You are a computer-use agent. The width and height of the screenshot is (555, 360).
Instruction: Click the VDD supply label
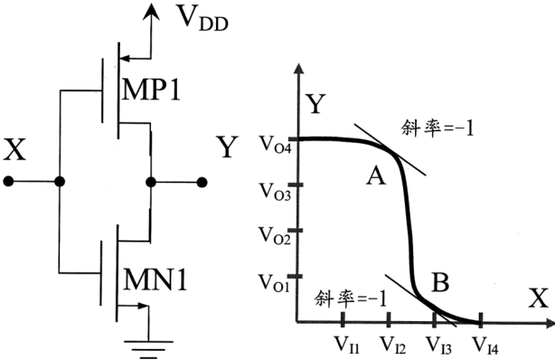point(202,19)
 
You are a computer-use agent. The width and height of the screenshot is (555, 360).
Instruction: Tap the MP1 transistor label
point(150,90)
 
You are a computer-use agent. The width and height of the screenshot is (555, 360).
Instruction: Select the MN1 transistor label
point(155,279)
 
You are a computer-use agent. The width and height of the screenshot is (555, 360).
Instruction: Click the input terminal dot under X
point(8,182)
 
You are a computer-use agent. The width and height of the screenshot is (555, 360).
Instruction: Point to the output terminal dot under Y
point(202,183)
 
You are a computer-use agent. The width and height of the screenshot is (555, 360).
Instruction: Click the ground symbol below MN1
point(148,348)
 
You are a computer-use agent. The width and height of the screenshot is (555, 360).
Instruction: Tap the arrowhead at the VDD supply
point(151,11)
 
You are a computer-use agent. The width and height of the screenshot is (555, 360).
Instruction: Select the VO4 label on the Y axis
point(275,145)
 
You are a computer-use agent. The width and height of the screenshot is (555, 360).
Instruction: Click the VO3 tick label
point(275,192)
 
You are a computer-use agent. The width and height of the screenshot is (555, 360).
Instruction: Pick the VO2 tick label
point(275,236)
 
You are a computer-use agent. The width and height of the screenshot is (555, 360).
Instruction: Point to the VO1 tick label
point(274,283)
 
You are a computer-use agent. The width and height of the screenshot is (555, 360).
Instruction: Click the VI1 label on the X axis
point(347,344)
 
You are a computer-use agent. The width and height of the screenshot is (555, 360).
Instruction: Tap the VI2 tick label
point(393,344)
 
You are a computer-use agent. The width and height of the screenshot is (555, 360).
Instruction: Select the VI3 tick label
point(439,344)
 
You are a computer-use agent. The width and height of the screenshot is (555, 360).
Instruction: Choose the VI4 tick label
point(485,344)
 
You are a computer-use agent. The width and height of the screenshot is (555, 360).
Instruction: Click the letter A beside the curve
point(375,176)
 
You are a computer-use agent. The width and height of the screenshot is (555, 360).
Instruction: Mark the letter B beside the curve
point(441,282)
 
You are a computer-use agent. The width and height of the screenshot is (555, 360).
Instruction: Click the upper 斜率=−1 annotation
point(437,128)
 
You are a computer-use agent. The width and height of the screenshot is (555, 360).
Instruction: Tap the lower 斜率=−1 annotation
point(351,298)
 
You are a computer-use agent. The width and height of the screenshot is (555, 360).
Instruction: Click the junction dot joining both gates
point(60,182)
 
